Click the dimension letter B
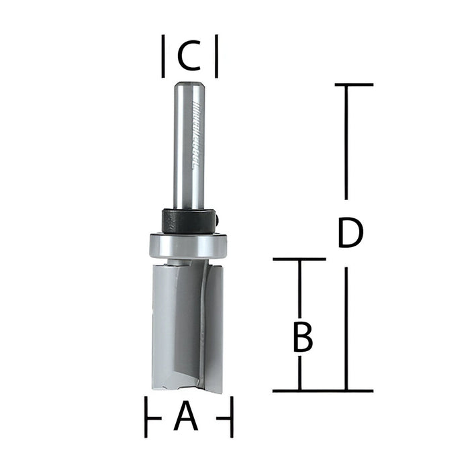(x=303, y=338)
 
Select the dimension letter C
(x=189, y=57)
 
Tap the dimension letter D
(x=350, y=234)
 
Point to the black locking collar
(x=189, y=220)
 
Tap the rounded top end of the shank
(x=189, y=85)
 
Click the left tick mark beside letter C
(x=164, y=57)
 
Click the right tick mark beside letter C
(x=216, y=57)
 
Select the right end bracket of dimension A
(x=230, y=417)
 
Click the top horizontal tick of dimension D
(x=344, y=85)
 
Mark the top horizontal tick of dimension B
(x=299, y=258)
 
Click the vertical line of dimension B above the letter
(x=299, y=289)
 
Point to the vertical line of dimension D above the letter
(x=346, y=141)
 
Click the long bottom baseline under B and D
(x=322, y=391)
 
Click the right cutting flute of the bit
(x=211, y=329)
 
